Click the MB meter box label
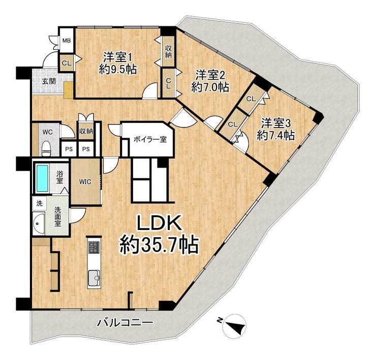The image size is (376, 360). click(67, 41)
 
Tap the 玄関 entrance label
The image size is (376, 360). click(49, 81)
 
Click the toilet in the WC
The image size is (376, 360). click(46, 148)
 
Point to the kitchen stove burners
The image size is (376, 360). click(94, 247)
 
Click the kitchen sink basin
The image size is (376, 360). click(94, 278)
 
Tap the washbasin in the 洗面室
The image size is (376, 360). click(39, 223)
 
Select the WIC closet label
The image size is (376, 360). click(85, 182)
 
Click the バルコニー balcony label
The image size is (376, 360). click(124, 323)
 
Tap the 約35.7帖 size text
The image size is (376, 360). click(159, 245)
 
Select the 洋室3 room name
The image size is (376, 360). click(276, 124)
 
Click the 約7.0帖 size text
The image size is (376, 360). click(210, 87)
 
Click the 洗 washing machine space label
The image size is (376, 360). click(39, 204)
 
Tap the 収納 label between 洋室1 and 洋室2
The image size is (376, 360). click(168, 51)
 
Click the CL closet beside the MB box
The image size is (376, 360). click(67, 63)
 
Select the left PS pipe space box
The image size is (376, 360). click(69, 149)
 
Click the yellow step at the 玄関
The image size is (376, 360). click(69, 90)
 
